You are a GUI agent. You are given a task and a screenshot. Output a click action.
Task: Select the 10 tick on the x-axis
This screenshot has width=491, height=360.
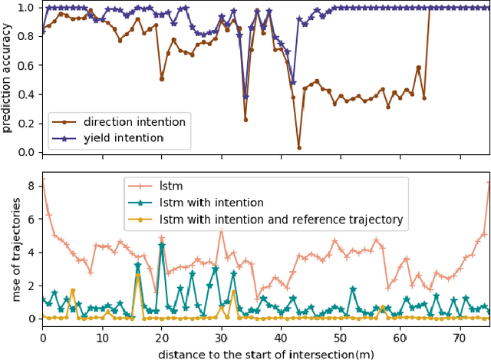tap(102, 336)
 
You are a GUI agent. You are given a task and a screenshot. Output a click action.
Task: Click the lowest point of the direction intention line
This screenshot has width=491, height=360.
tap(298, 147)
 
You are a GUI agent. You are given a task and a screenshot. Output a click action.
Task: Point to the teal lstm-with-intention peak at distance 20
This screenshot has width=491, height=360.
tap(161, 245)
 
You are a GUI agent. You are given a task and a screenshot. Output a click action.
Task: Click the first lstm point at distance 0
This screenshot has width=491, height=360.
tap(42, 179)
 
